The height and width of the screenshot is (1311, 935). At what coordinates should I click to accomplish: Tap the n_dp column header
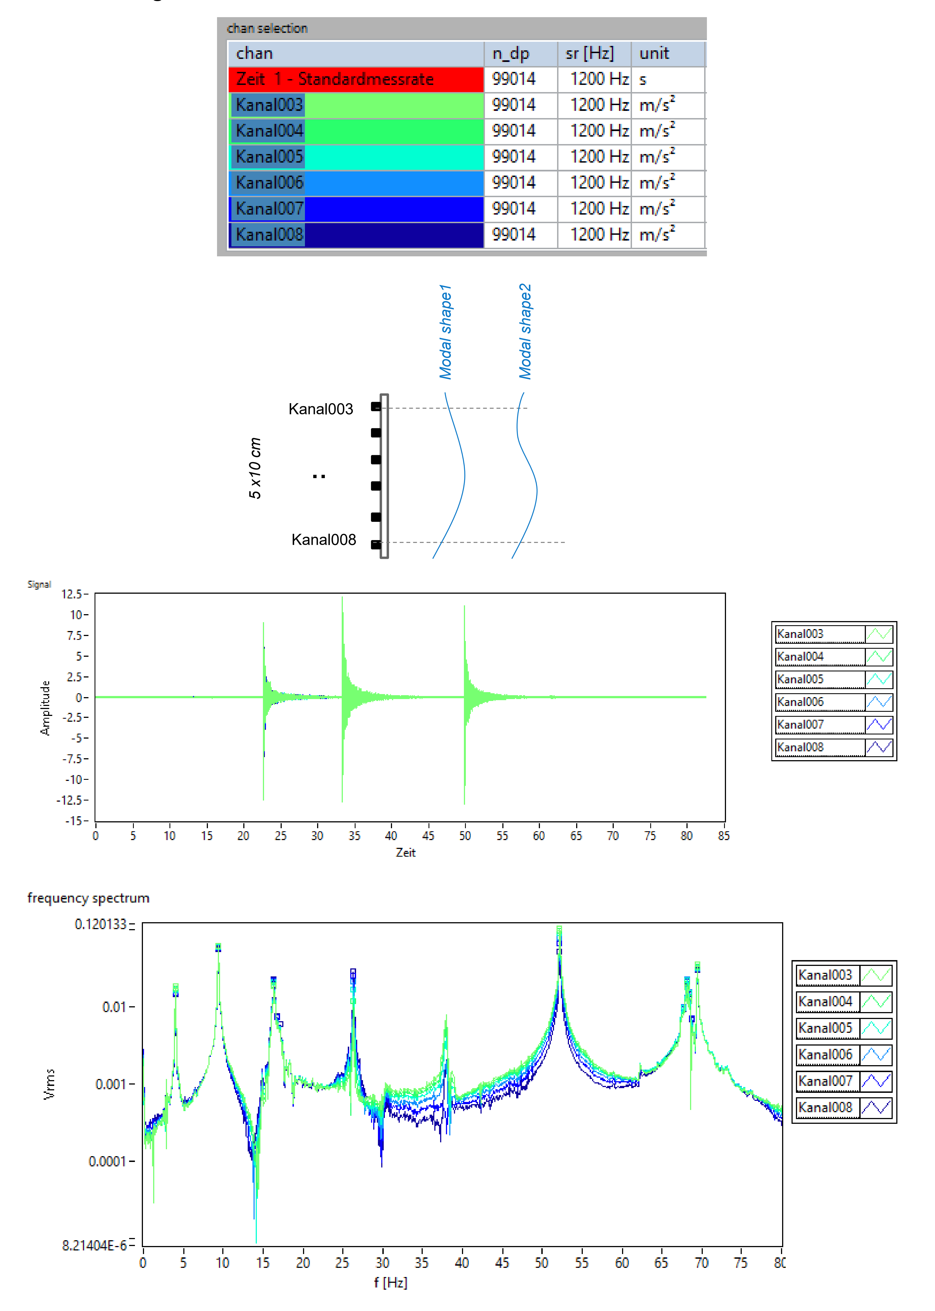point(511,54)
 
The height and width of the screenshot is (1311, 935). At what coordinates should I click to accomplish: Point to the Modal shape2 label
point(525,332)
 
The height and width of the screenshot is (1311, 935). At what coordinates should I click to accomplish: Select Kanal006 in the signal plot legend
point(800,702)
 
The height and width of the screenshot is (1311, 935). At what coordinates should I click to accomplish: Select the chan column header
point(254,54)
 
